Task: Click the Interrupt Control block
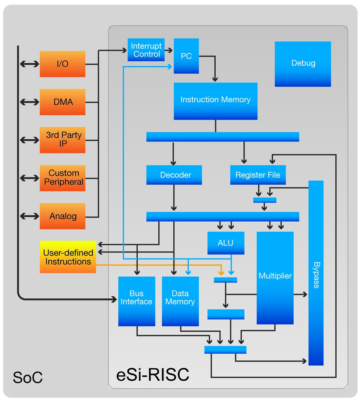tap(146, 50)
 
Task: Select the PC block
tap(186, 56)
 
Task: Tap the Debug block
tap(303, 64)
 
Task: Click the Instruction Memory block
tap(215, 101)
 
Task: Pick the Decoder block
tap(174, 175)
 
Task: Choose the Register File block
tap(258, 175)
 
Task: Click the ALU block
tap(226, 243)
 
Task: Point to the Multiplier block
tap(275, 278)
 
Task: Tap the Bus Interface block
tap(136, 301)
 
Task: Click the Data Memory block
tap(180, 301)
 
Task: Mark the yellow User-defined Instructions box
tap(68, 257)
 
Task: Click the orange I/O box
tap(62, 64)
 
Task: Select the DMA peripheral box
tap(62, 102)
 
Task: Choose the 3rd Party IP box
tap(62, 140)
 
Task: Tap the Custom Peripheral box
tap(62, 178)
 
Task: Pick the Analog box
tap(62, 216)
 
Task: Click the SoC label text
tap(28, 377)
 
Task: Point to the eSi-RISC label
tap(153, 375)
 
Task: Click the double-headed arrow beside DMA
tap(29, 102)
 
